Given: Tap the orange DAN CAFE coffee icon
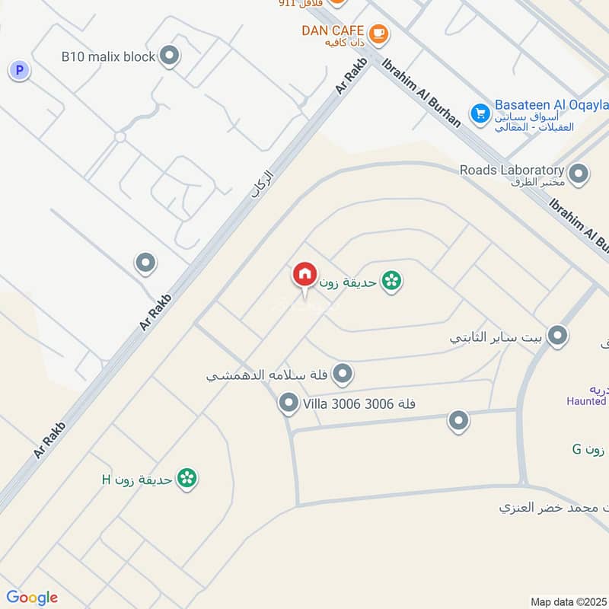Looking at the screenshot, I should [378, 33].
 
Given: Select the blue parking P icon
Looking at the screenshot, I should [19, 71].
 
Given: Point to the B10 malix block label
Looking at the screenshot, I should [108, 56].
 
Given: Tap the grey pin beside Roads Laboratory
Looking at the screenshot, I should [579, 174].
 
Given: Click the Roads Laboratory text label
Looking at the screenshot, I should [512, 170].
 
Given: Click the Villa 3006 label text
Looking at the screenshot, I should [359, 403].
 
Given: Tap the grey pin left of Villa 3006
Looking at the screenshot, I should [289, 403].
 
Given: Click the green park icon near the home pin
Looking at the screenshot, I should [391, 281].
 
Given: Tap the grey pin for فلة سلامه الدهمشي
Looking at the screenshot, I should [343, 373].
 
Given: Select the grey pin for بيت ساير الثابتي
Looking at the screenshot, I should [559, 335].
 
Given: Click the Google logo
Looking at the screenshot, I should [32, 598].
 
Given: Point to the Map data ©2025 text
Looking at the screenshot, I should [567, 601].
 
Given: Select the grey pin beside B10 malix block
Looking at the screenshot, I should [170, 56].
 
